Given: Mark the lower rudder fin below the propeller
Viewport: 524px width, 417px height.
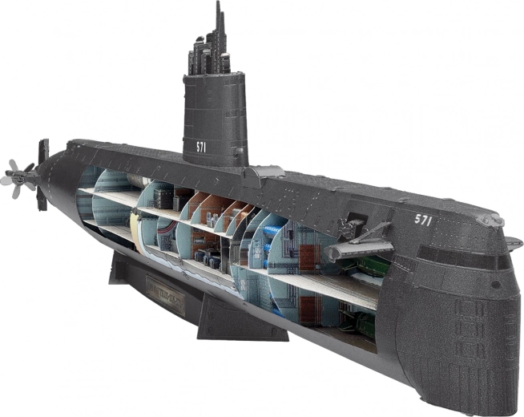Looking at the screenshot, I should coord(42,197).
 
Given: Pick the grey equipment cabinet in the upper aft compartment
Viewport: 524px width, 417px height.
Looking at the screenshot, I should coord(163,197).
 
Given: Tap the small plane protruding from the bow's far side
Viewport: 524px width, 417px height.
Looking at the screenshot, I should coord(514,241).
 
